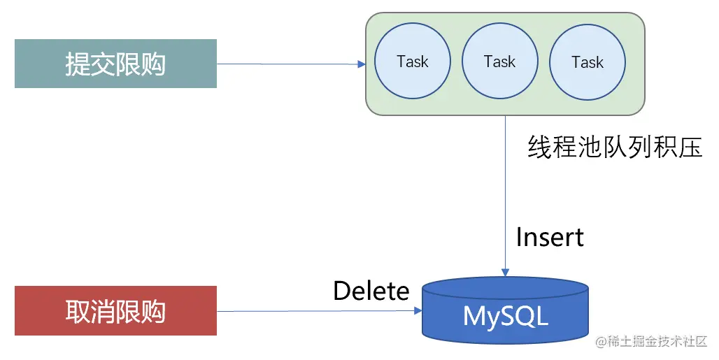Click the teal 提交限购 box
click(x=115, y=64)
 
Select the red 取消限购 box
click(x=115, y=310)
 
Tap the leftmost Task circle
click(x=412, y=61)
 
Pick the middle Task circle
click(x=500, y=61)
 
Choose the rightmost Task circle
click(x=588, y=62)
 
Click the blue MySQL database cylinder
click(x=505, y=310)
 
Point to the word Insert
click(x=550, y=237)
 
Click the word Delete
click(x=371, y=291)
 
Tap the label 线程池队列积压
click(x=615, y=147)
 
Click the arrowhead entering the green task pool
click(x=362, y=64)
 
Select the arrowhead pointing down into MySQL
click(x=505, y=273)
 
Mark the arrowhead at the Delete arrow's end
click(x=418, y=310)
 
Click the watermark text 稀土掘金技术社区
click(x=657, y=341)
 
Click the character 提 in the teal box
click(x=77, y=64)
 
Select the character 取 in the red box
click(x=77, y=311)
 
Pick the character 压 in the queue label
click(x=690, y=147)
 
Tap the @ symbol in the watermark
click(x=601, y=342)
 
